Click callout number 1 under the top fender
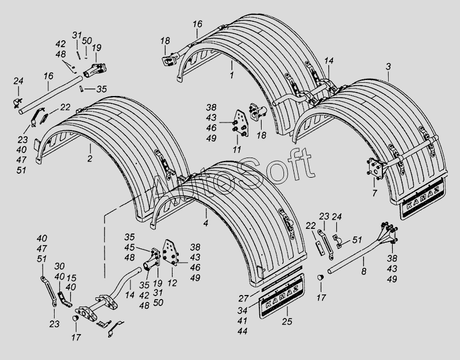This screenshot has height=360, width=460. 232,75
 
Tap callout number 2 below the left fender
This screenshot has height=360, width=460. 90,159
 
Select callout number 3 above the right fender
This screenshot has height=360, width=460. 389,67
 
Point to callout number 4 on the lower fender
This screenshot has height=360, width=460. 206,223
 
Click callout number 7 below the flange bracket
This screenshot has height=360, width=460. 375,193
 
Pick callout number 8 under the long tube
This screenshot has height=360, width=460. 364,271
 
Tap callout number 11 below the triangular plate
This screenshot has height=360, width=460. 237,150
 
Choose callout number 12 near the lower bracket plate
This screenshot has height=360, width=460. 172,283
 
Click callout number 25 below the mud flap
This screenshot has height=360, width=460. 287,321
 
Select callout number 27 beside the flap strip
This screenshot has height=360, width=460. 243,298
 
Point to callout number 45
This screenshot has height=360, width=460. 129,247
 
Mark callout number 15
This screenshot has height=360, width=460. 71,278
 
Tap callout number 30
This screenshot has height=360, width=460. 60,266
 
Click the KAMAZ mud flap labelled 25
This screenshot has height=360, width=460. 282,296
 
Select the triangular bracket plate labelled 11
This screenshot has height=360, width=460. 241,123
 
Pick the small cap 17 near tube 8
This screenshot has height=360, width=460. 320,277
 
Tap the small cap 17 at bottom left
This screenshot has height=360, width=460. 76,319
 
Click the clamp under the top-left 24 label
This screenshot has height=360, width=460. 17,103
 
